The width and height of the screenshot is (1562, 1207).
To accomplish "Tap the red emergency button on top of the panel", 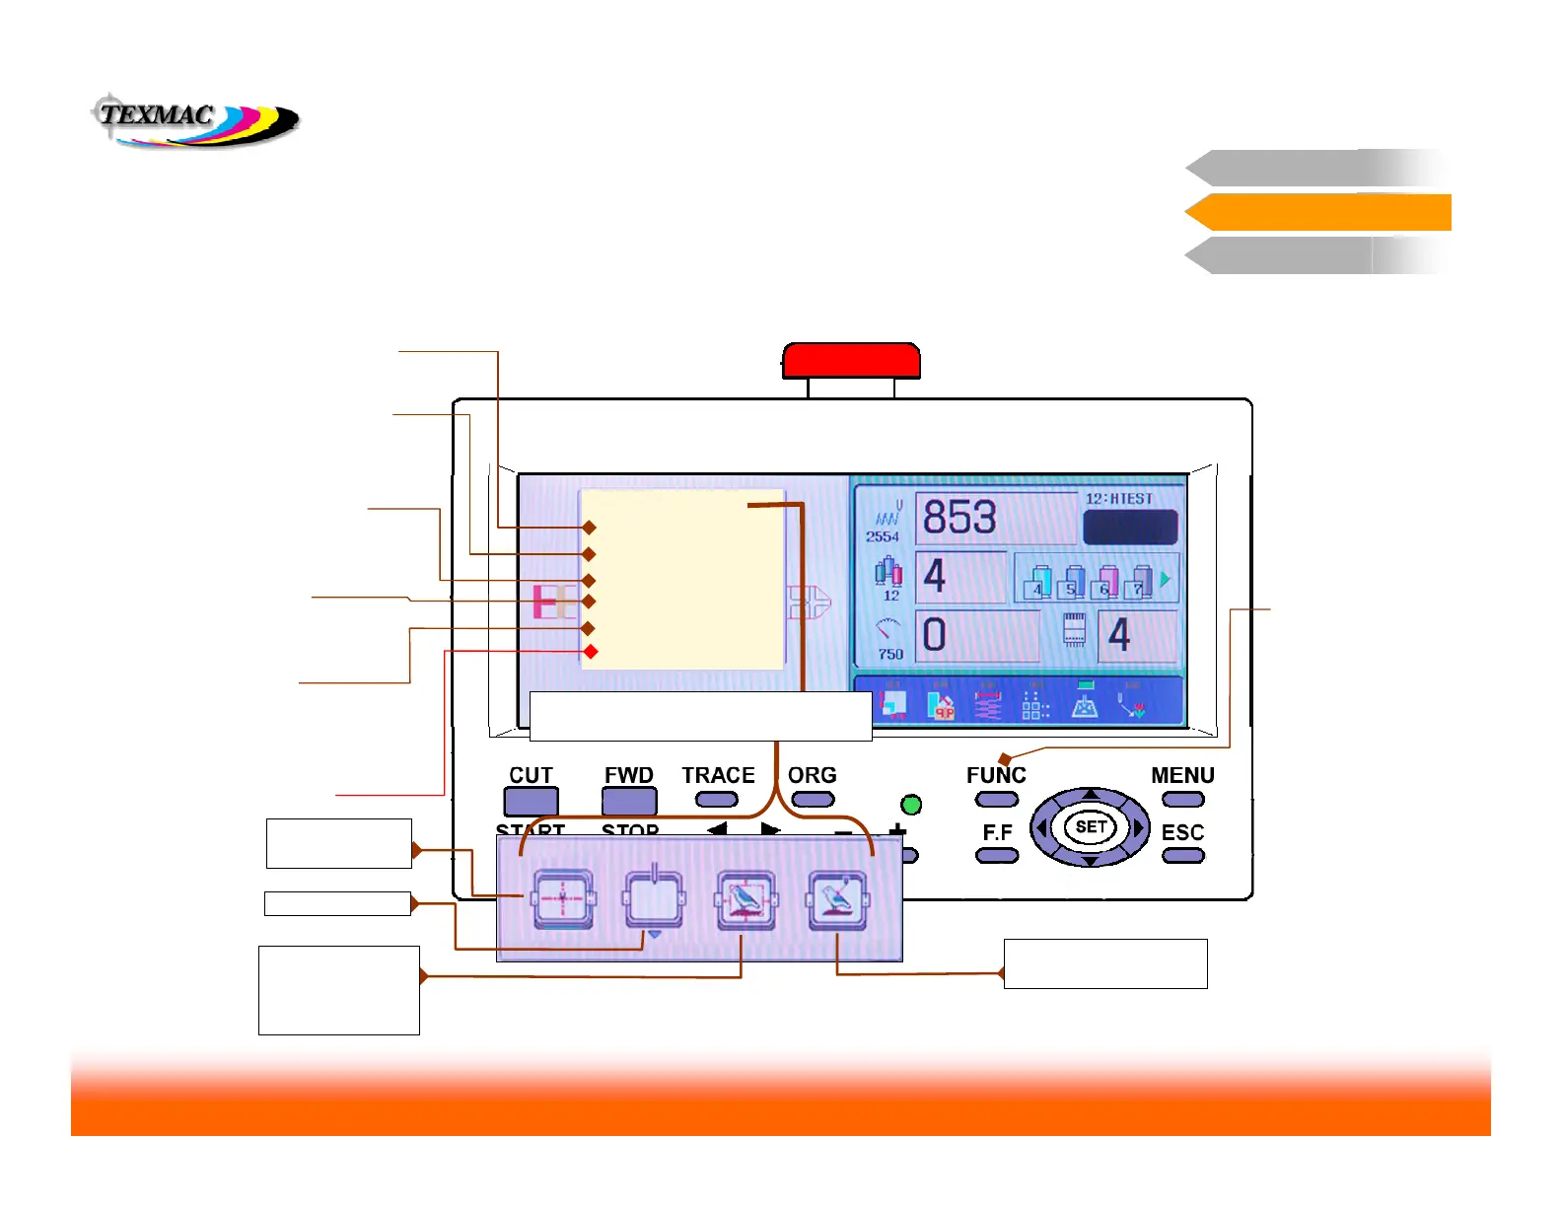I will tap(851, 361).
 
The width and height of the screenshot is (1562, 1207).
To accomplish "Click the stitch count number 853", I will tap(959, 518).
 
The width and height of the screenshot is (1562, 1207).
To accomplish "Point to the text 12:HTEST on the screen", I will tap(1118, 499).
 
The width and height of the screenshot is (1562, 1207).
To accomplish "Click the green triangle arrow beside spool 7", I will tap(1166, 580).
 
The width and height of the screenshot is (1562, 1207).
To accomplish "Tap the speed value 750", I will tap(890, 654).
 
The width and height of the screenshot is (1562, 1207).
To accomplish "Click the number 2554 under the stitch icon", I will tap(883, 536).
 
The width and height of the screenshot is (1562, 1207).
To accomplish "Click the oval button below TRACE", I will tap(717, 800).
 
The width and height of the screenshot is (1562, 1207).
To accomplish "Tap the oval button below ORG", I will tap(813, 800).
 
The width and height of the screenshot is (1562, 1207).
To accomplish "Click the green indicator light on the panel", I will tap(911, 805).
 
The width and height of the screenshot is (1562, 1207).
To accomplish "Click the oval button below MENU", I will tap(1183, 800).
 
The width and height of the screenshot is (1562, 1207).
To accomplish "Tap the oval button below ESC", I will tap(1183, 856).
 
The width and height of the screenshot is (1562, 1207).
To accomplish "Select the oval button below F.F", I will tap(997, 856).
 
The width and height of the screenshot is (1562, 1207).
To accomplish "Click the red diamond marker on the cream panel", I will tap(591, 652).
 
